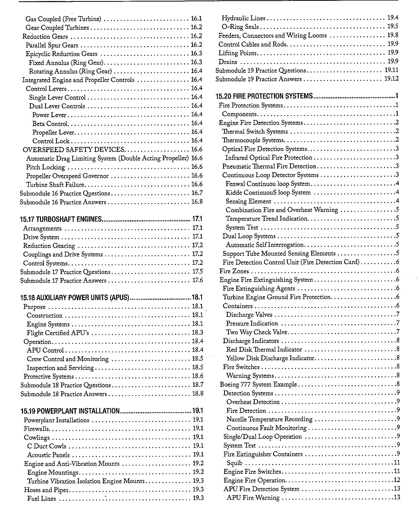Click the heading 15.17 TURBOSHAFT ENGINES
click(x=61, y=219)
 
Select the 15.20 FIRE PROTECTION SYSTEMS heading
click(x=264, y=96)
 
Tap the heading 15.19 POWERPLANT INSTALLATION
click(x=70, y=411)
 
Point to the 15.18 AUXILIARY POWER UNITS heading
click(x=75, y=298)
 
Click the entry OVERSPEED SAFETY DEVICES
click(x=74, y=150)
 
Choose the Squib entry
click(x=235, y=463)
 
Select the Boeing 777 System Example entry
click(x=258, y=384)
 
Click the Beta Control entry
click(x=50, y=123)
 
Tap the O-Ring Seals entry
click(x=240, y=27)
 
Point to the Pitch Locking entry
click(x=45, y=167)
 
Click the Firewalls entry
click(x=36, y=429)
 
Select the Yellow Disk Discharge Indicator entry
click(x=270, y=358)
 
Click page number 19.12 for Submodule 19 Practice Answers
click(x=391, y=79)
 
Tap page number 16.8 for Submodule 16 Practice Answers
click(x=197, y=202)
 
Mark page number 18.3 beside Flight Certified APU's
click(x=198, y=332)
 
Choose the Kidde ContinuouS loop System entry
click(x=268, y=193)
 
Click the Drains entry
click(x=228, y=62)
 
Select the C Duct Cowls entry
click(x=47, y=446)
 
